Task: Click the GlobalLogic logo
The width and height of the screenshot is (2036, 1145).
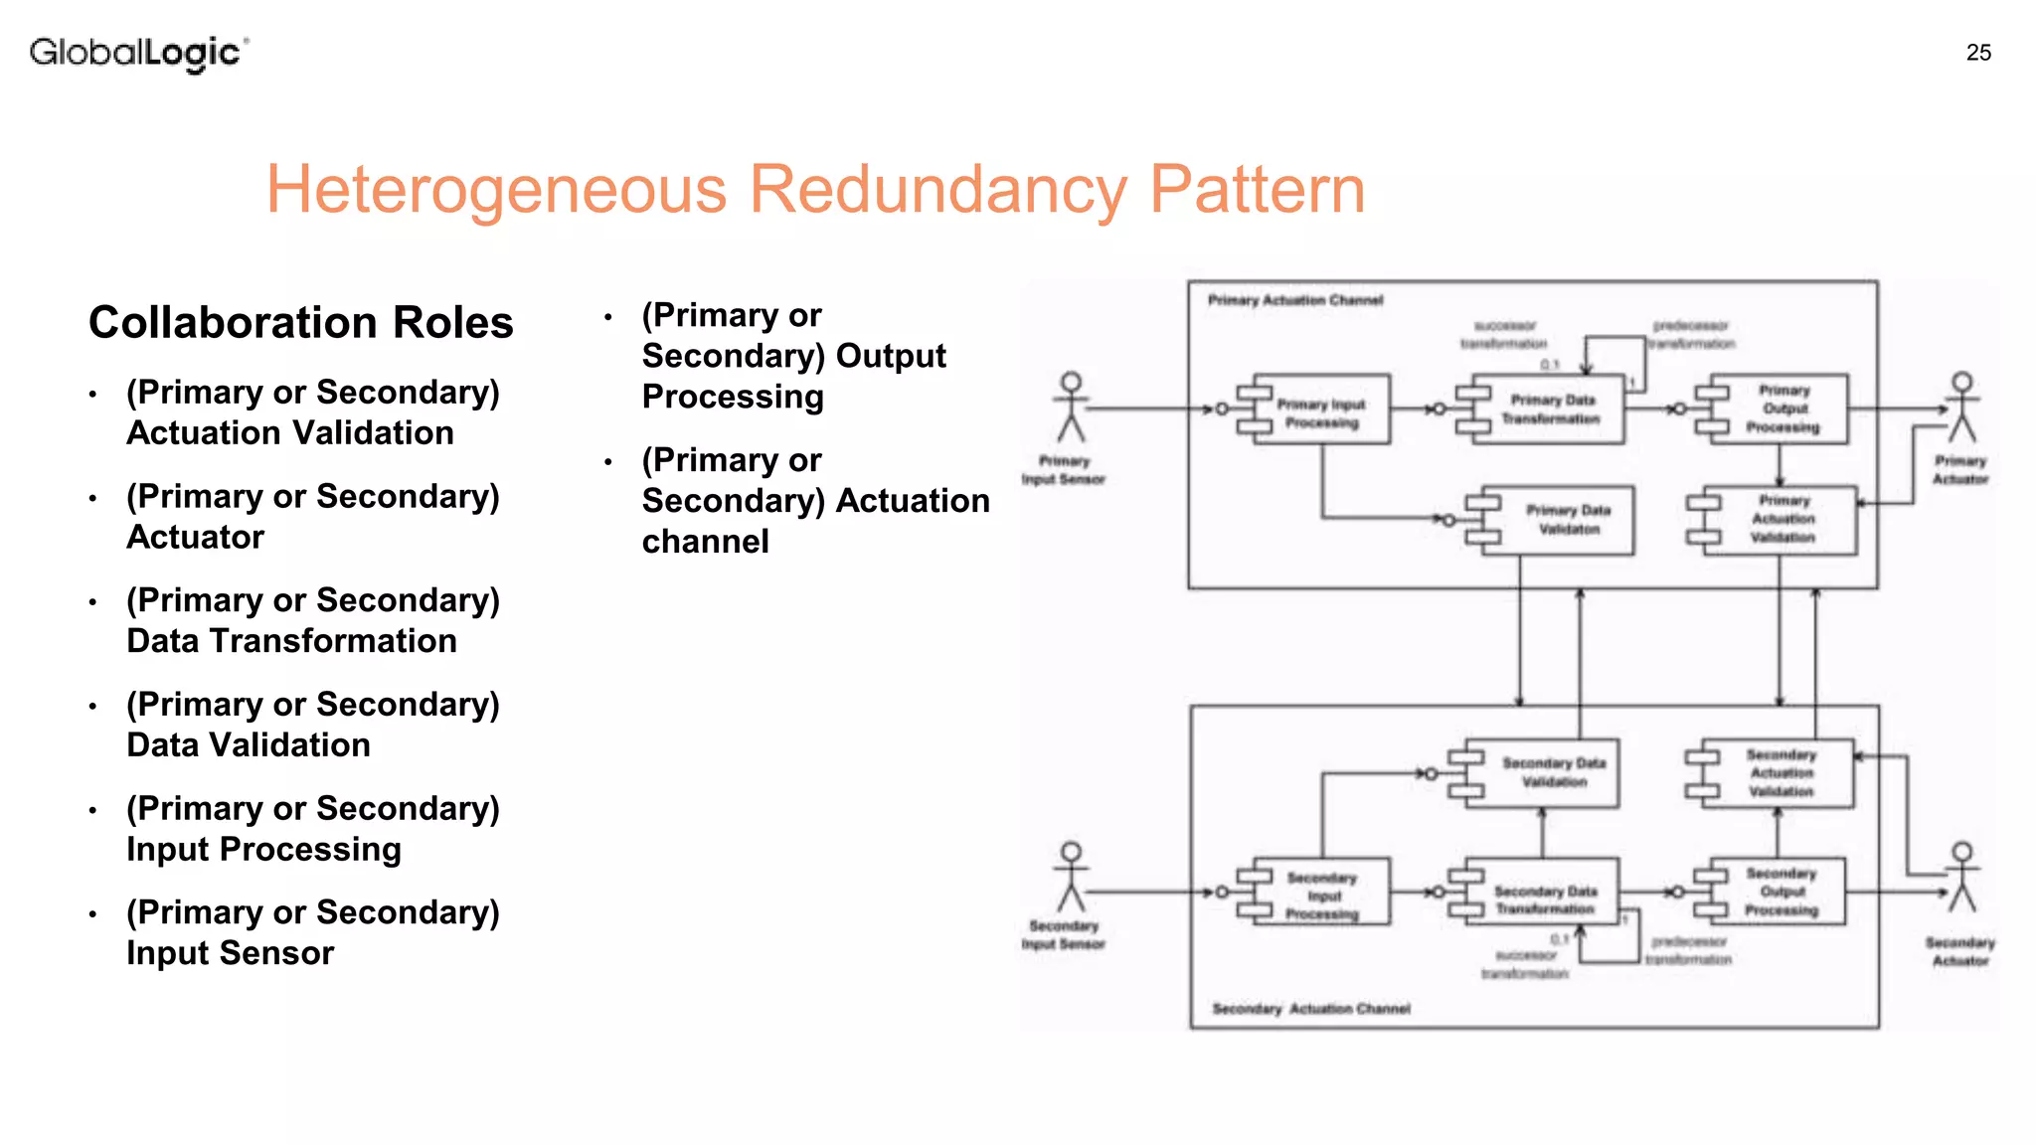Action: pyautogui.click(x=138, y=53)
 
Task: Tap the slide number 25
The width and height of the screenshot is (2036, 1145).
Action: pyautogui.click(x=1978, y=53)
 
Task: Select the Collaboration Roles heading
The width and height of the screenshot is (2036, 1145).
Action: pyautogui.click(x=301, y=323)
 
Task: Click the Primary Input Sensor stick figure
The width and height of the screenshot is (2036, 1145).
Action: pyautogui.click(x=1071, y=408)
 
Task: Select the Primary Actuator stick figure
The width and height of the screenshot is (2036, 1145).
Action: pyautogui.click(x=1961, y=408)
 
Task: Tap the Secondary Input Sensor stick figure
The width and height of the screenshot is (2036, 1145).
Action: pyautogui.click(x=1071, y=878)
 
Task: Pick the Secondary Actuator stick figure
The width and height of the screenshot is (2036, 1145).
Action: pyautogui.click(x=1961, y=878)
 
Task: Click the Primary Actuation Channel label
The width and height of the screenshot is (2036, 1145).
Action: pyautogui.click(x=1295, y=300)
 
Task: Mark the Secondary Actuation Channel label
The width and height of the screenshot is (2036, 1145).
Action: pyautogui.click(x=1310, y=1009)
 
